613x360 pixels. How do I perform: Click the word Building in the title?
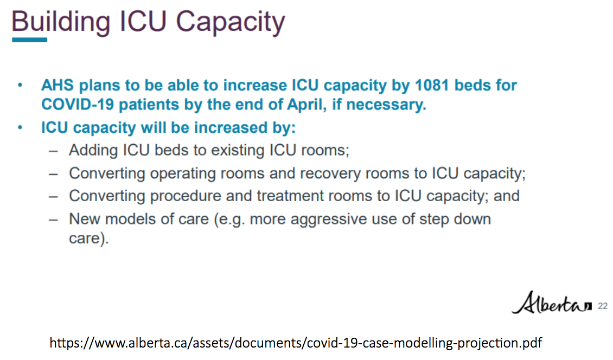tap(61, 22)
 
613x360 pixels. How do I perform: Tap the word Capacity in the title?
tap(231, 22)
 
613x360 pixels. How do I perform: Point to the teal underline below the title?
tap(30, 40)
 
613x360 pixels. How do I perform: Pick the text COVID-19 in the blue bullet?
tap(78, 104)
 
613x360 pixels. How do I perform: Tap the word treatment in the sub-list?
tap(289, 196)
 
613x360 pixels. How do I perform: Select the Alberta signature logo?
tap(552, 303)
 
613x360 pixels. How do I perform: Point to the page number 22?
tap(603, 306)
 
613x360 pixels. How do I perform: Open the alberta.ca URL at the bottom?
tap(296, 343)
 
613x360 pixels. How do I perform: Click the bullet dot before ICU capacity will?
tap(20, 127)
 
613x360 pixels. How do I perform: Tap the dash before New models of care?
tap(54, 220)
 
